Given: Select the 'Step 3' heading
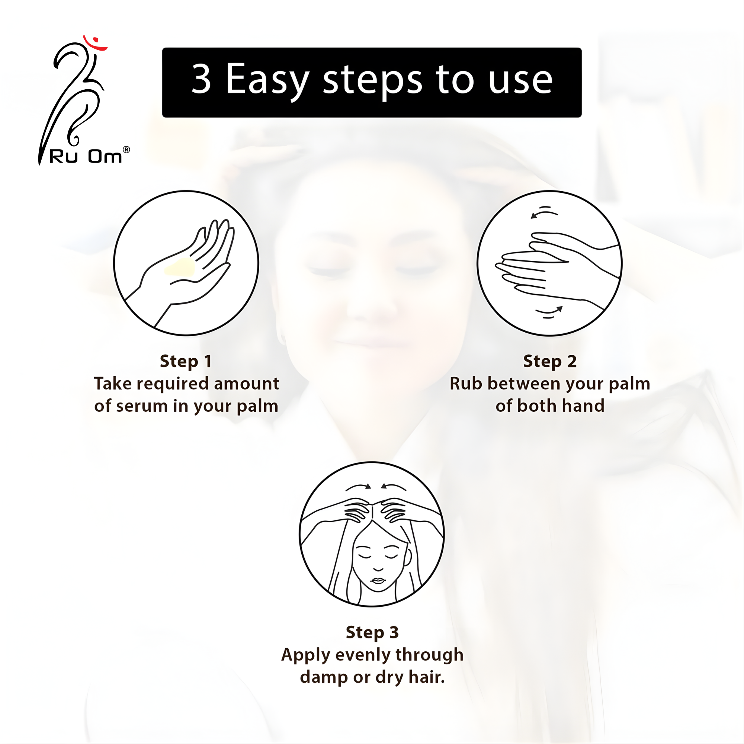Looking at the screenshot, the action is pos(372,633).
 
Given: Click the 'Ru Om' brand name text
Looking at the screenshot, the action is pos(86,157).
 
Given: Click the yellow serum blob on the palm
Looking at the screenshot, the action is pos(180,267).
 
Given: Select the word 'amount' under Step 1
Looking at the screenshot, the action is pos(247,384).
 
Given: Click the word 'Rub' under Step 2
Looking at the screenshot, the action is pos(466,384).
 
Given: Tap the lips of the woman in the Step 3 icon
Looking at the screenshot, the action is pos(378,581).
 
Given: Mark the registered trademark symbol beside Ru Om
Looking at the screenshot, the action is pos(126,150).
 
